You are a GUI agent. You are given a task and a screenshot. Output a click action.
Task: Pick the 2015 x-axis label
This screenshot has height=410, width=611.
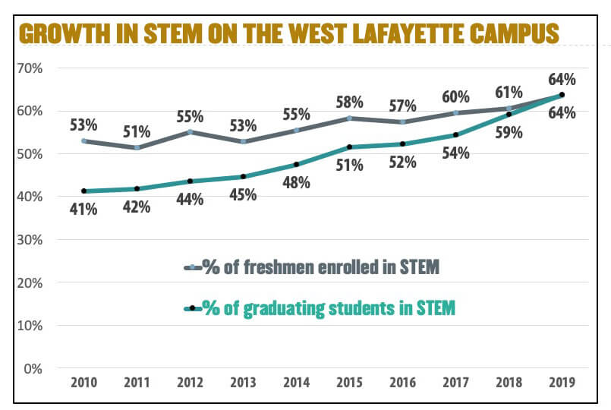coord(349,383)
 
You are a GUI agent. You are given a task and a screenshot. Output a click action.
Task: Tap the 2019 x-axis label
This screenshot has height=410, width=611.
coord(562,383)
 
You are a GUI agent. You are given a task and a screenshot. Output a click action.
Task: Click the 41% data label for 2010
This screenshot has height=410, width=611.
coord(83,209)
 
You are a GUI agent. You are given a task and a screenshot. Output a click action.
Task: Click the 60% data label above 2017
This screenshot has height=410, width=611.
coord(455,97)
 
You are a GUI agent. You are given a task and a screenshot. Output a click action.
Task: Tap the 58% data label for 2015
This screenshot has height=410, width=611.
coord(349,102)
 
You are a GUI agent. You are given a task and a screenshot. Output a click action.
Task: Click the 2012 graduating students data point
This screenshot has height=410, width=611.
coord(190,181)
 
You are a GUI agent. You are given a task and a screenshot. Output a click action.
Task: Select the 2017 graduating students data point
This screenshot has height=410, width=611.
coord(455,135)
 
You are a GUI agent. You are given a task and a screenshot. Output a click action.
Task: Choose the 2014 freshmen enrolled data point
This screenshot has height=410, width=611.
coord(296,130)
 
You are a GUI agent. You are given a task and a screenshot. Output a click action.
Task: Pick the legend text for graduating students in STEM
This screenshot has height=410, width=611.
coord(328,308)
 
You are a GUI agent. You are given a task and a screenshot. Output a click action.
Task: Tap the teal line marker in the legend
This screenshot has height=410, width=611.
coord(193,308)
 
